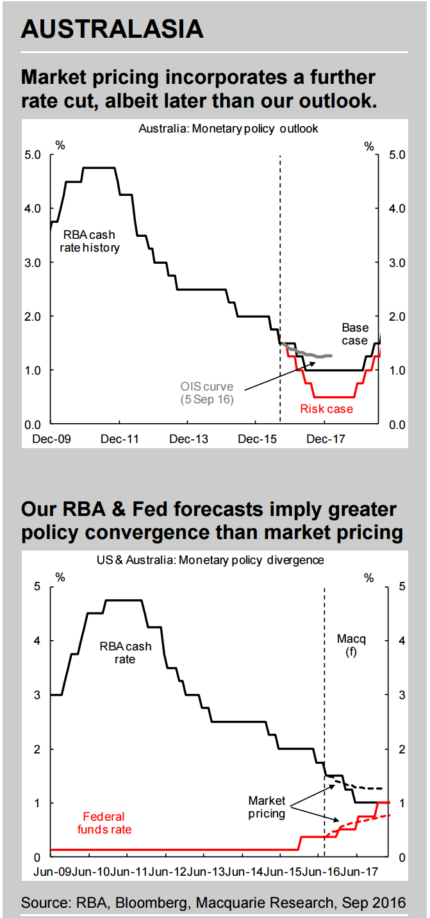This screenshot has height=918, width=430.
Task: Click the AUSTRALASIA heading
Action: pyautogui.click(x=112, y=29)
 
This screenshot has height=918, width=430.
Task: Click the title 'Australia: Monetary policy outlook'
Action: pyautogui.click(x=228, y=129)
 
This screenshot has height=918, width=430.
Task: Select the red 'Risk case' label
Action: pyautogui.click(x=327, y=409)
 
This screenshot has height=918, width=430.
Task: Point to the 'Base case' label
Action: pyautogui.click(x=354, y=334)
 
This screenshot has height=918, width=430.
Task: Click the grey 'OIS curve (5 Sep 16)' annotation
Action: pyautogui.click(x=206, y=393)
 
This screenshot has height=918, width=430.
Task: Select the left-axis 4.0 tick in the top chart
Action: pyautogui.click(x=33, y=208)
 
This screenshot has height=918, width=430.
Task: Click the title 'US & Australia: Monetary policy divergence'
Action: pyautogui.click(x=211, y=560)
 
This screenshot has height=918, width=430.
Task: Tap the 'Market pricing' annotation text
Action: pyautogui.click(x=267, y=807)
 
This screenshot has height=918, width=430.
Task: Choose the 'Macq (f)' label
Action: pyautogui.click(x=351, y=645)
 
